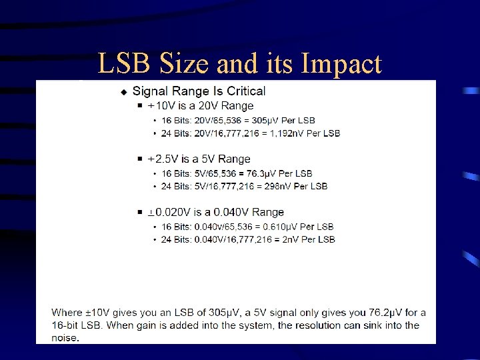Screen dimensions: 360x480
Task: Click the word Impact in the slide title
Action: click(x=342, y=64)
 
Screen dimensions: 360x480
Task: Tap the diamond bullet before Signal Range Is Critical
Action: click(x=123, y=91)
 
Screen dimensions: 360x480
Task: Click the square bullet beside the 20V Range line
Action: click(x=139, y=106)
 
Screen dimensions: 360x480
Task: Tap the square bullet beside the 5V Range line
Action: click(x=139, y=159)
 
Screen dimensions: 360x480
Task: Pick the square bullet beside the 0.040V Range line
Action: click(x=139, y=213)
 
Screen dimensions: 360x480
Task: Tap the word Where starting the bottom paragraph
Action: click(x=67, y=313)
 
